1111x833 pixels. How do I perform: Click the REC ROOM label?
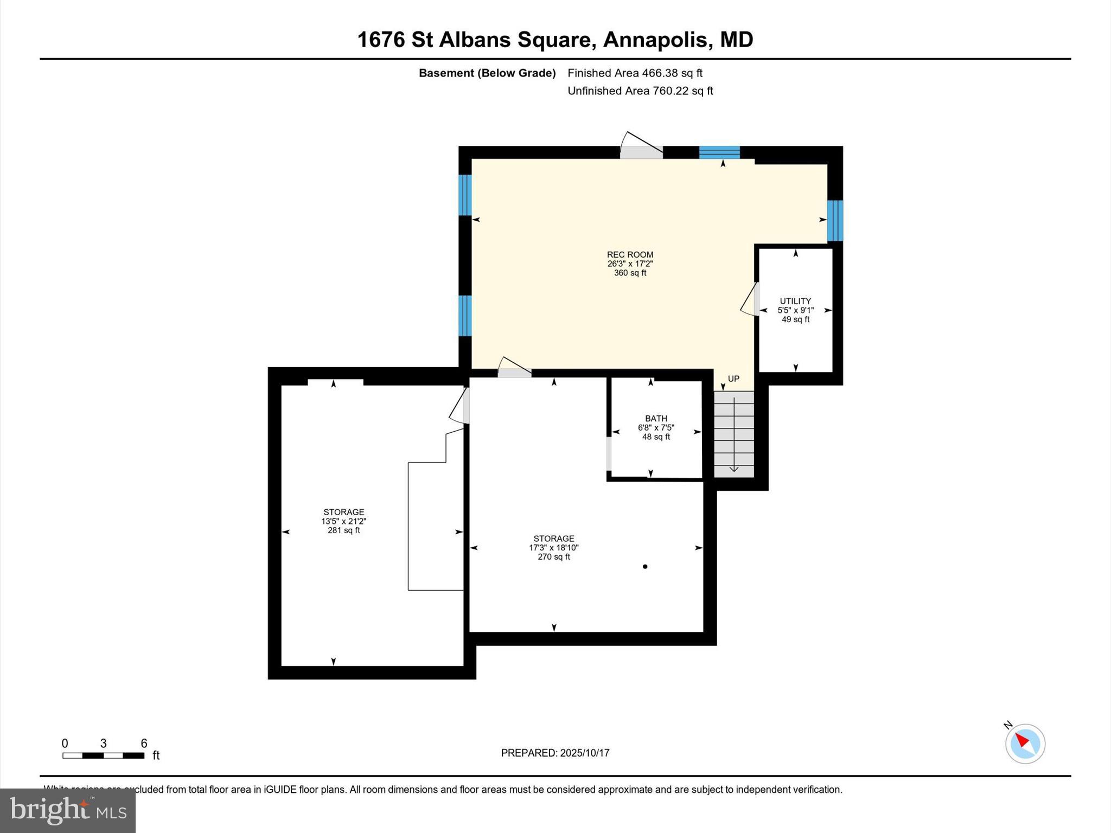pos(630,254)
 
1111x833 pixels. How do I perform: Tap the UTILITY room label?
pos(795,301)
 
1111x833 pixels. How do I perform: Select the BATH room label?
pos(656,418)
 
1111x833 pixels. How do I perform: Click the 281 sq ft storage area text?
pos(343,530)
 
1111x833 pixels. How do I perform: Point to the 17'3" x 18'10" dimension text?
pos(553,548)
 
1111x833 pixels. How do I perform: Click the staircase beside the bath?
pos(733,434)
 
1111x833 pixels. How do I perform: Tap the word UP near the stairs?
pos(733,379)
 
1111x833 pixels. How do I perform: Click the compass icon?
pos(1025,744)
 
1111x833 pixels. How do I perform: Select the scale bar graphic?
pos(103,755)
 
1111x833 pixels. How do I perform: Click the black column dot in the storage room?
pos(645,567)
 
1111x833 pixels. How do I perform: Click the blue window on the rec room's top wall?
pos(719,152)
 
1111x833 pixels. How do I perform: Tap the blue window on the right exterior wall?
pos(835,221)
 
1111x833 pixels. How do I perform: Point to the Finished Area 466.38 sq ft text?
pos(635,73)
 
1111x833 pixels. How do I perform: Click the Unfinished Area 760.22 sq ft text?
pos(640,91)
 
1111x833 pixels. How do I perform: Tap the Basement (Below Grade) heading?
pos(487,73)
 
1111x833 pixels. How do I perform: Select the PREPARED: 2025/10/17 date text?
pos(555,753)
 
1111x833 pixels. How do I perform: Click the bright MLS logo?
pos(68,810)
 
